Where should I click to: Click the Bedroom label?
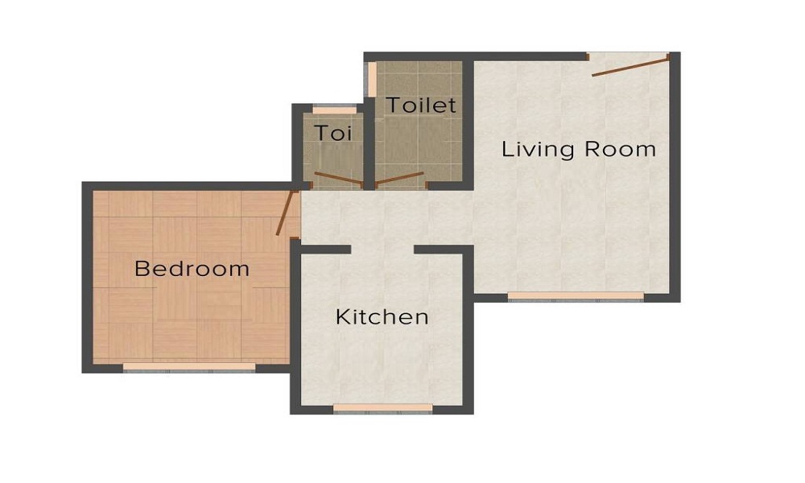[192, 268]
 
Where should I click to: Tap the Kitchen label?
[382, 316]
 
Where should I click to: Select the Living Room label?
[578, 149]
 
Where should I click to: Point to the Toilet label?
[420, 105]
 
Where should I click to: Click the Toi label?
[332, 133]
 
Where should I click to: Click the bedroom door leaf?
[285, 213]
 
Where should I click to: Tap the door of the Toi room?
[338, 179]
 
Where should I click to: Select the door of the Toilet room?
[399, 179]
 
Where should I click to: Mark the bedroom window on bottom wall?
[189, 367]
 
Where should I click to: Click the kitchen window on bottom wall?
[382, 408]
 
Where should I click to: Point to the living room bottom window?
[576, 296]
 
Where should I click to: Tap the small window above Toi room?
[334, 109]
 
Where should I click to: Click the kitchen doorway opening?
[382, 250]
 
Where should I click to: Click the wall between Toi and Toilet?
[369, 145]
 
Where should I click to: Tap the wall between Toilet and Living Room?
[468, 121]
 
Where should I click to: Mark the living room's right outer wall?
[675, 177]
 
